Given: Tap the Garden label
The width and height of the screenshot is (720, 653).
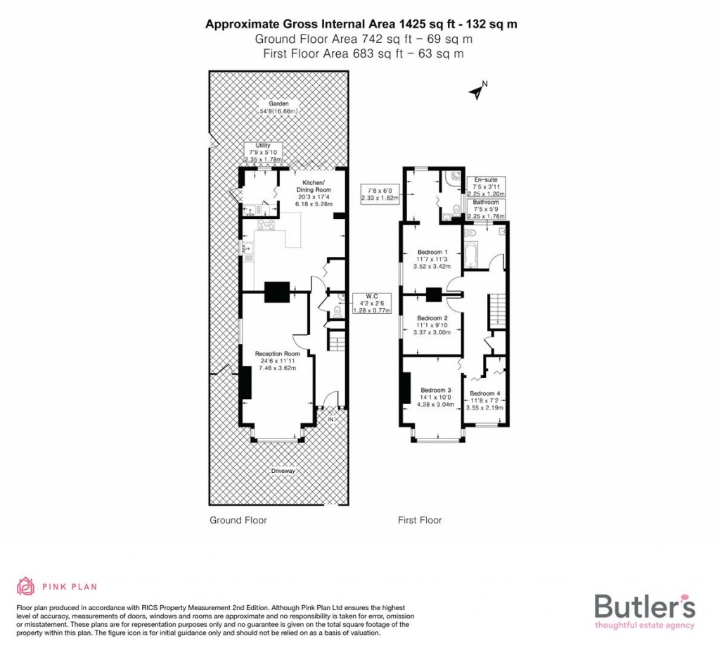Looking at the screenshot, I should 278,108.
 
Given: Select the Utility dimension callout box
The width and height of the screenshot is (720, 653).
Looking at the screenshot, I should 263,152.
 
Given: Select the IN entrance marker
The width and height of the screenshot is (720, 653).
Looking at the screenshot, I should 330,420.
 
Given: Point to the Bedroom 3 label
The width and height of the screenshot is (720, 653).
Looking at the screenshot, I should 436,398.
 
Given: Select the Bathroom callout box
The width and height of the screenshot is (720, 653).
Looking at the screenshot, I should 485,209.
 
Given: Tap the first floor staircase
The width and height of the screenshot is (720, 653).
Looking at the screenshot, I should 498,310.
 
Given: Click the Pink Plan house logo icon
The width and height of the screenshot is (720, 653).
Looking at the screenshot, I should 25,586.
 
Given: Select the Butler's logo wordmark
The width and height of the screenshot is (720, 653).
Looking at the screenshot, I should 644,606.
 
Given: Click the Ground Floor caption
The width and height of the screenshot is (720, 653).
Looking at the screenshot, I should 238,521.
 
